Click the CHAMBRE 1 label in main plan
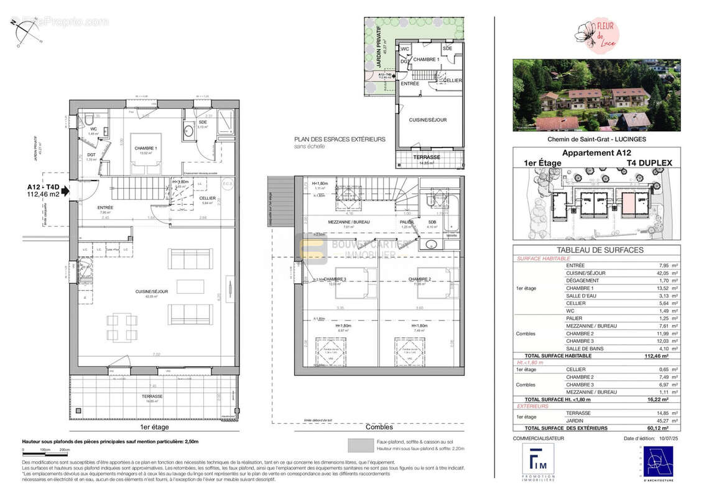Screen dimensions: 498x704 [147, 148]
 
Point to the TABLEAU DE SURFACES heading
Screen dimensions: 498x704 [596, 250]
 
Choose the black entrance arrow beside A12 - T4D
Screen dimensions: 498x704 [75, 192]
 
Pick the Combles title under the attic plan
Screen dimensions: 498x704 [379, 427]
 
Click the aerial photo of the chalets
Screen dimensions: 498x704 [596, 95]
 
